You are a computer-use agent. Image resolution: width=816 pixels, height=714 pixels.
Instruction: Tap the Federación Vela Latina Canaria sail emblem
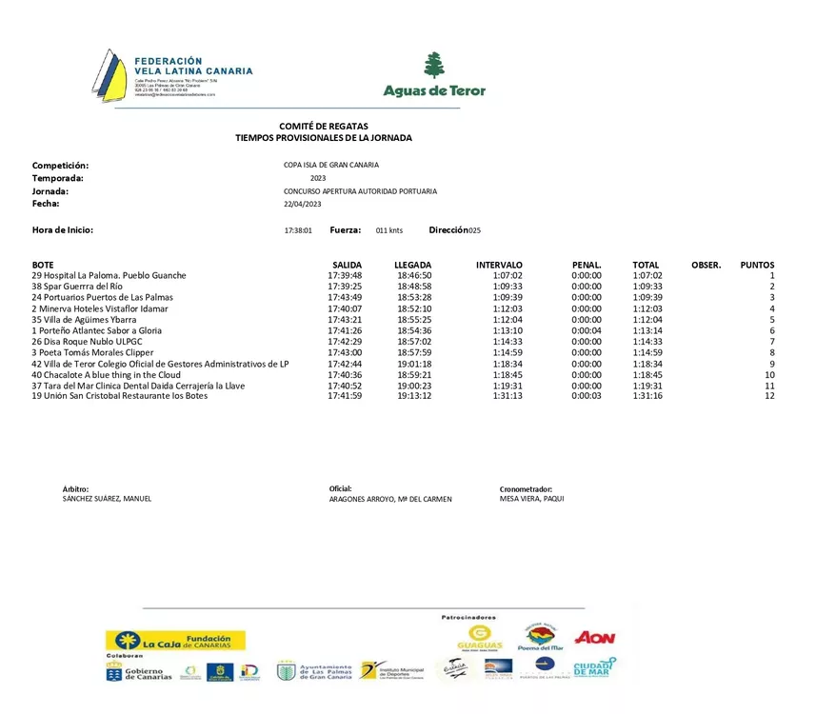(109, 75)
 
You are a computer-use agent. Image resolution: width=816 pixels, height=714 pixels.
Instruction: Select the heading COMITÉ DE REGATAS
(324, 127)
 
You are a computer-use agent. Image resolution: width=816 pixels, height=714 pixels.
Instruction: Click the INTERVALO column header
(499, 265)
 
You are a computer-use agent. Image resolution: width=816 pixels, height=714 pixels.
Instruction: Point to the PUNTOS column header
(757, 265)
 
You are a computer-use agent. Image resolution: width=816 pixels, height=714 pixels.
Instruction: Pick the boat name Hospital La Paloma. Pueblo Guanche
(109, 275)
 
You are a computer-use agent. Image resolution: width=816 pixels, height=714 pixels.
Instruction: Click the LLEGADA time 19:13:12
(414, 396)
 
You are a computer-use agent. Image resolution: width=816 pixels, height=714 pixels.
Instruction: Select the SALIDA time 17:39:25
(345, 287)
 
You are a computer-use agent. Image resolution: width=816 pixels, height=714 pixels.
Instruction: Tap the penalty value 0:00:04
(587, 330)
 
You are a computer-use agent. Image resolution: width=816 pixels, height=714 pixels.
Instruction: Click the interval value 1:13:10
(508, 330)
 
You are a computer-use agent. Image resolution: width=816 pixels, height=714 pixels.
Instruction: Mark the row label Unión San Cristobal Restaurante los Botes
(119, 396)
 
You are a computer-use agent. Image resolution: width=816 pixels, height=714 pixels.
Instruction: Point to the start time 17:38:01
(298, 231)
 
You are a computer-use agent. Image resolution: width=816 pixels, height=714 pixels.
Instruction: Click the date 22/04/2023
(302, 204)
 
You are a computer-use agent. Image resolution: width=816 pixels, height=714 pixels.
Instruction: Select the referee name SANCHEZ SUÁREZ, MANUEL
(107, 499)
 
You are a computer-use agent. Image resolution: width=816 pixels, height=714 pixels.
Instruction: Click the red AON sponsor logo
(595, 638)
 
